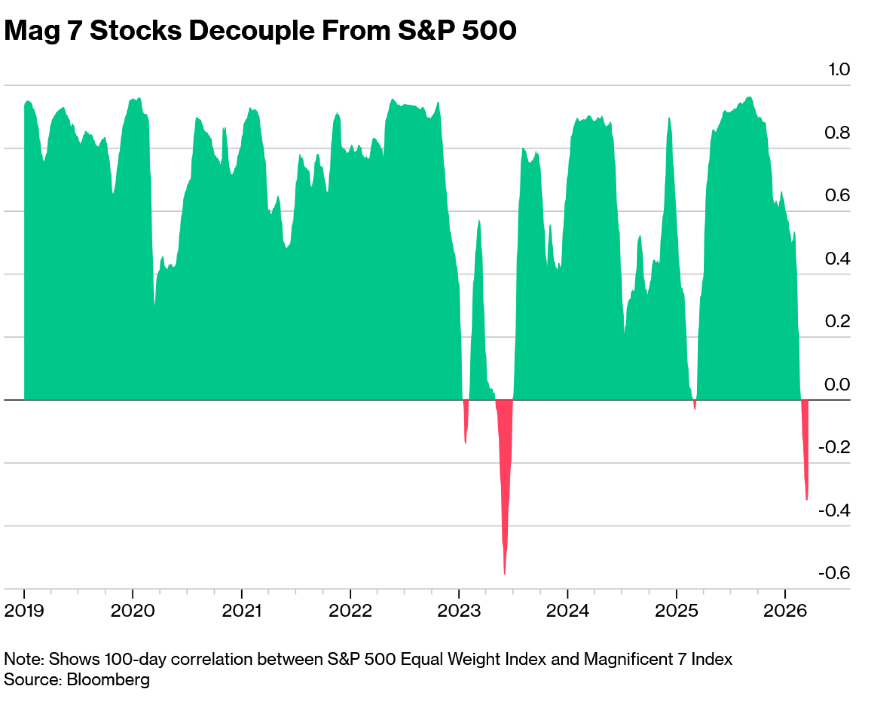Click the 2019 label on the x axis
24,611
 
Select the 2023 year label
459,611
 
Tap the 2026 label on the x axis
785,611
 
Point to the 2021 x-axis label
242,611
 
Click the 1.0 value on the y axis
839,70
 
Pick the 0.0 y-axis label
837,384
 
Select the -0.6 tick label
834,573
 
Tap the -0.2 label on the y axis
834,447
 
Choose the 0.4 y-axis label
837,258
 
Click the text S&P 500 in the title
457,30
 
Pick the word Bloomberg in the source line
108,680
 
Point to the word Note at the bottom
23,659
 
